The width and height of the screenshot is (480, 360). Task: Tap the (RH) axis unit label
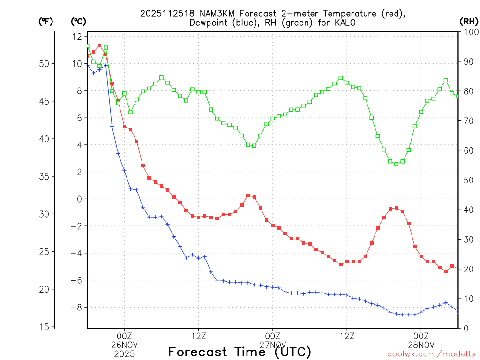point(468,21)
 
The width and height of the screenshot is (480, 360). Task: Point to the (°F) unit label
point(46,21)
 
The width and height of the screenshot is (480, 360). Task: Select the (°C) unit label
point(78,21)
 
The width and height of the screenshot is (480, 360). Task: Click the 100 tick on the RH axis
point(469,32)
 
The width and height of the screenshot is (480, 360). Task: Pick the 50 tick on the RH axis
point(467,180)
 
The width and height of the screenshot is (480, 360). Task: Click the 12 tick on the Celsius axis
point(77,37)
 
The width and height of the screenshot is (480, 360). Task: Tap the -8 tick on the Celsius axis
point(75,307)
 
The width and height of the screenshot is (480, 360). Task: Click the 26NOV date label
point(124,345)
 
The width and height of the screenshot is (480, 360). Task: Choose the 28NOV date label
point(421,345)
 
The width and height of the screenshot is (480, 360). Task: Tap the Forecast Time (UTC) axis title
point(240,352)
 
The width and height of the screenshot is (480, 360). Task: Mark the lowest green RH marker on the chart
point(396,164)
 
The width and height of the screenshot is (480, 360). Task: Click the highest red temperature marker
point(99,45)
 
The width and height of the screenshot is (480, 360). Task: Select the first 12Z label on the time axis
point(198,336)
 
